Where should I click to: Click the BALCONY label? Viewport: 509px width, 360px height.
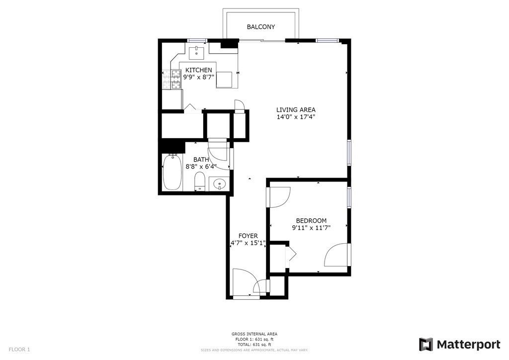260,27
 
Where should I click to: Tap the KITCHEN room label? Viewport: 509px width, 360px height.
198,70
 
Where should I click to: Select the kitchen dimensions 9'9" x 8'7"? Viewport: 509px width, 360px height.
198,77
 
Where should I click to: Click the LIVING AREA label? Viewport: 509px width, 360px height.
296,110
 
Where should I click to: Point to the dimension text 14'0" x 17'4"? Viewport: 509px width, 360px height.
296,117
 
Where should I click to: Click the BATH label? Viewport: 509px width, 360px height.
201,160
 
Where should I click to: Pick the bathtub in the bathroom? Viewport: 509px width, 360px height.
172,173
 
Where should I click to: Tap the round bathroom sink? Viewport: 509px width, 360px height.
220,184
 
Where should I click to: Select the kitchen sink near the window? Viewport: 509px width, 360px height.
196,51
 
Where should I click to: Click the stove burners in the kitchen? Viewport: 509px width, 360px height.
176,79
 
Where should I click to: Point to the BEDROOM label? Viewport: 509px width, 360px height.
311,221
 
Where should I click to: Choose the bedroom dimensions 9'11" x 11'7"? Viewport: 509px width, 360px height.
311,228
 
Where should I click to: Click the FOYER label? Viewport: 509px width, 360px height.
248,236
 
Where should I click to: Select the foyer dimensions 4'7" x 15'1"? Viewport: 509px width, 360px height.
248,243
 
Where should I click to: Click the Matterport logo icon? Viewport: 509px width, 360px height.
426,345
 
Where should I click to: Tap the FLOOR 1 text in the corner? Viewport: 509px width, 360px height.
19,350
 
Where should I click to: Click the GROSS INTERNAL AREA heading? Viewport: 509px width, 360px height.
254,334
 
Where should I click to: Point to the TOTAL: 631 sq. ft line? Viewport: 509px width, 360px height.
254,345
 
